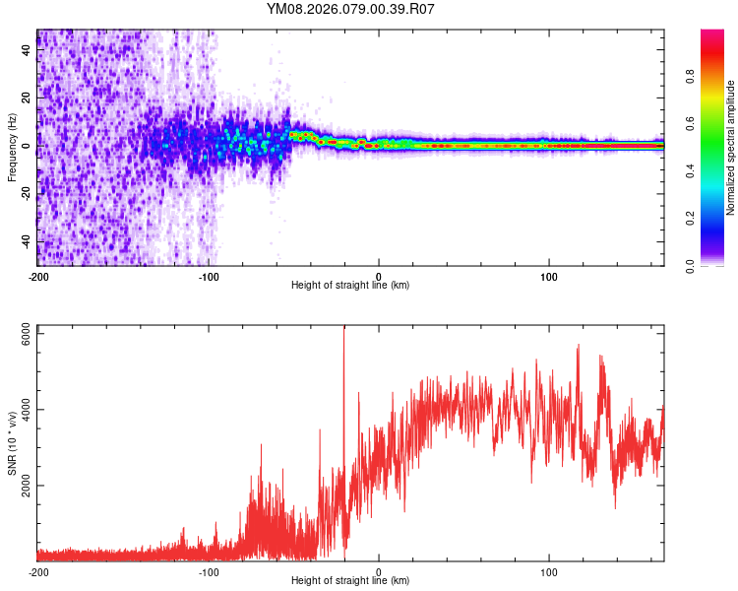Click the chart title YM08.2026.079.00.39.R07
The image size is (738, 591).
coord(350,10)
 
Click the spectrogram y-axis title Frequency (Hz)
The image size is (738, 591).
coord(12,147)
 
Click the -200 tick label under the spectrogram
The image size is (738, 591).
coord(38,275)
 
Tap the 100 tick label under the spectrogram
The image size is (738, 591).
coord(549,275)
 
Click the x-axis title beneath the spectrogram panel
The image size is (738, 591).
coord(350,285)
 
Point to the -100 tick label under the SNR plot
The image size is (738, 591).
coord(209,571)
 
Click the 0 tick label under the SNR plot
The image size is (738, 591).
coord(380,571)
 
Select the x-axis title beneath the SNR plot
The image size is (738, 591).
coord(350,581)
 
